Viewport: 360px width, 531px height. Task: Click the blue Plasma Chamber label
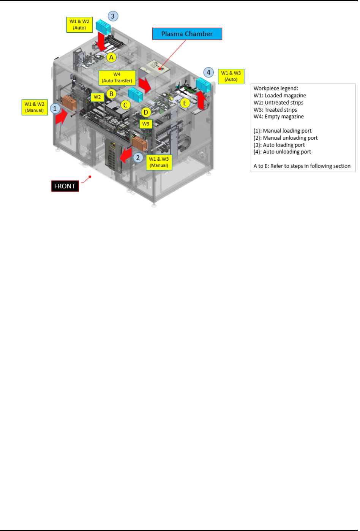[x=187, y=34]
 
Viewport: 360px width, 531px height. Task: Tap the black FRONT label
[x=65, y=186]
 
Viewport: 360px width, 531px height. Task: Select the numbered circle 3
[x=113, y=16]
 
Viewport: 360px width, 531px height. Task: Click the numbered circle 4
[x=208, y=72]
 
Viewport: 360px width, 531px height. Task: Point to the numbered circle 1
[x=55, y=109]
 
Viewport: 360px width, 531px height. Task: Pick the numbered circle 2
[x=138, y=158]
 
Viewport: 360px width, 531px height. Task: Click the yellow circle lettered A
[x=111, y=57]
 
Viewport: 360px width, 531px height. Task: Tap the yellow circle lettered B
[x=111, y=94]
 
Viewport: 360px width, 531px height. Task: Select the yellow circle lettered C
[x=125, y=105]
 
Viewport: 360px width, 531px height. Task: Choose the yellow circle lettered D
[x=146, y=112]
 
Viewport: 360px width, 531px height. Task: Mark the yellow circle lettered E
[x=185, y=103]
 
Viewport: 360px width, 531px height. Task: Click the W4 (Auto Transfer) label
[x=117, y=77]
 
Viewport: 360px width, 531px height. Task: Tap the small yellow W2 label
[x=97, y=97]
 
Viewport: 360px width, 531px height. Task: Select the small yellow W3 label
[x=146, y=124]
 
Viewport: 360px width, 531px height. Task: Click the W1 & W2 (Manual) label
[x=35, y=107]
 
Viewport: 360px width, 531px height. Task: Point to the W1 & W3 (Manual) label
[x=159, y=162]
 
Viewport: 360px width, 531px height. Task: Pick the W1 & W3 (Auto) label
[x=231, y=76]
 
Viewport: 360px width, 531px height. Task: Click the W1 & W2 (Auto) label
[x=79, y=25]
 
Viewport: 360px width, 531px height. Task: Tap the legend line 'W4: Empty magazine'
[x=279, y=117]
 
